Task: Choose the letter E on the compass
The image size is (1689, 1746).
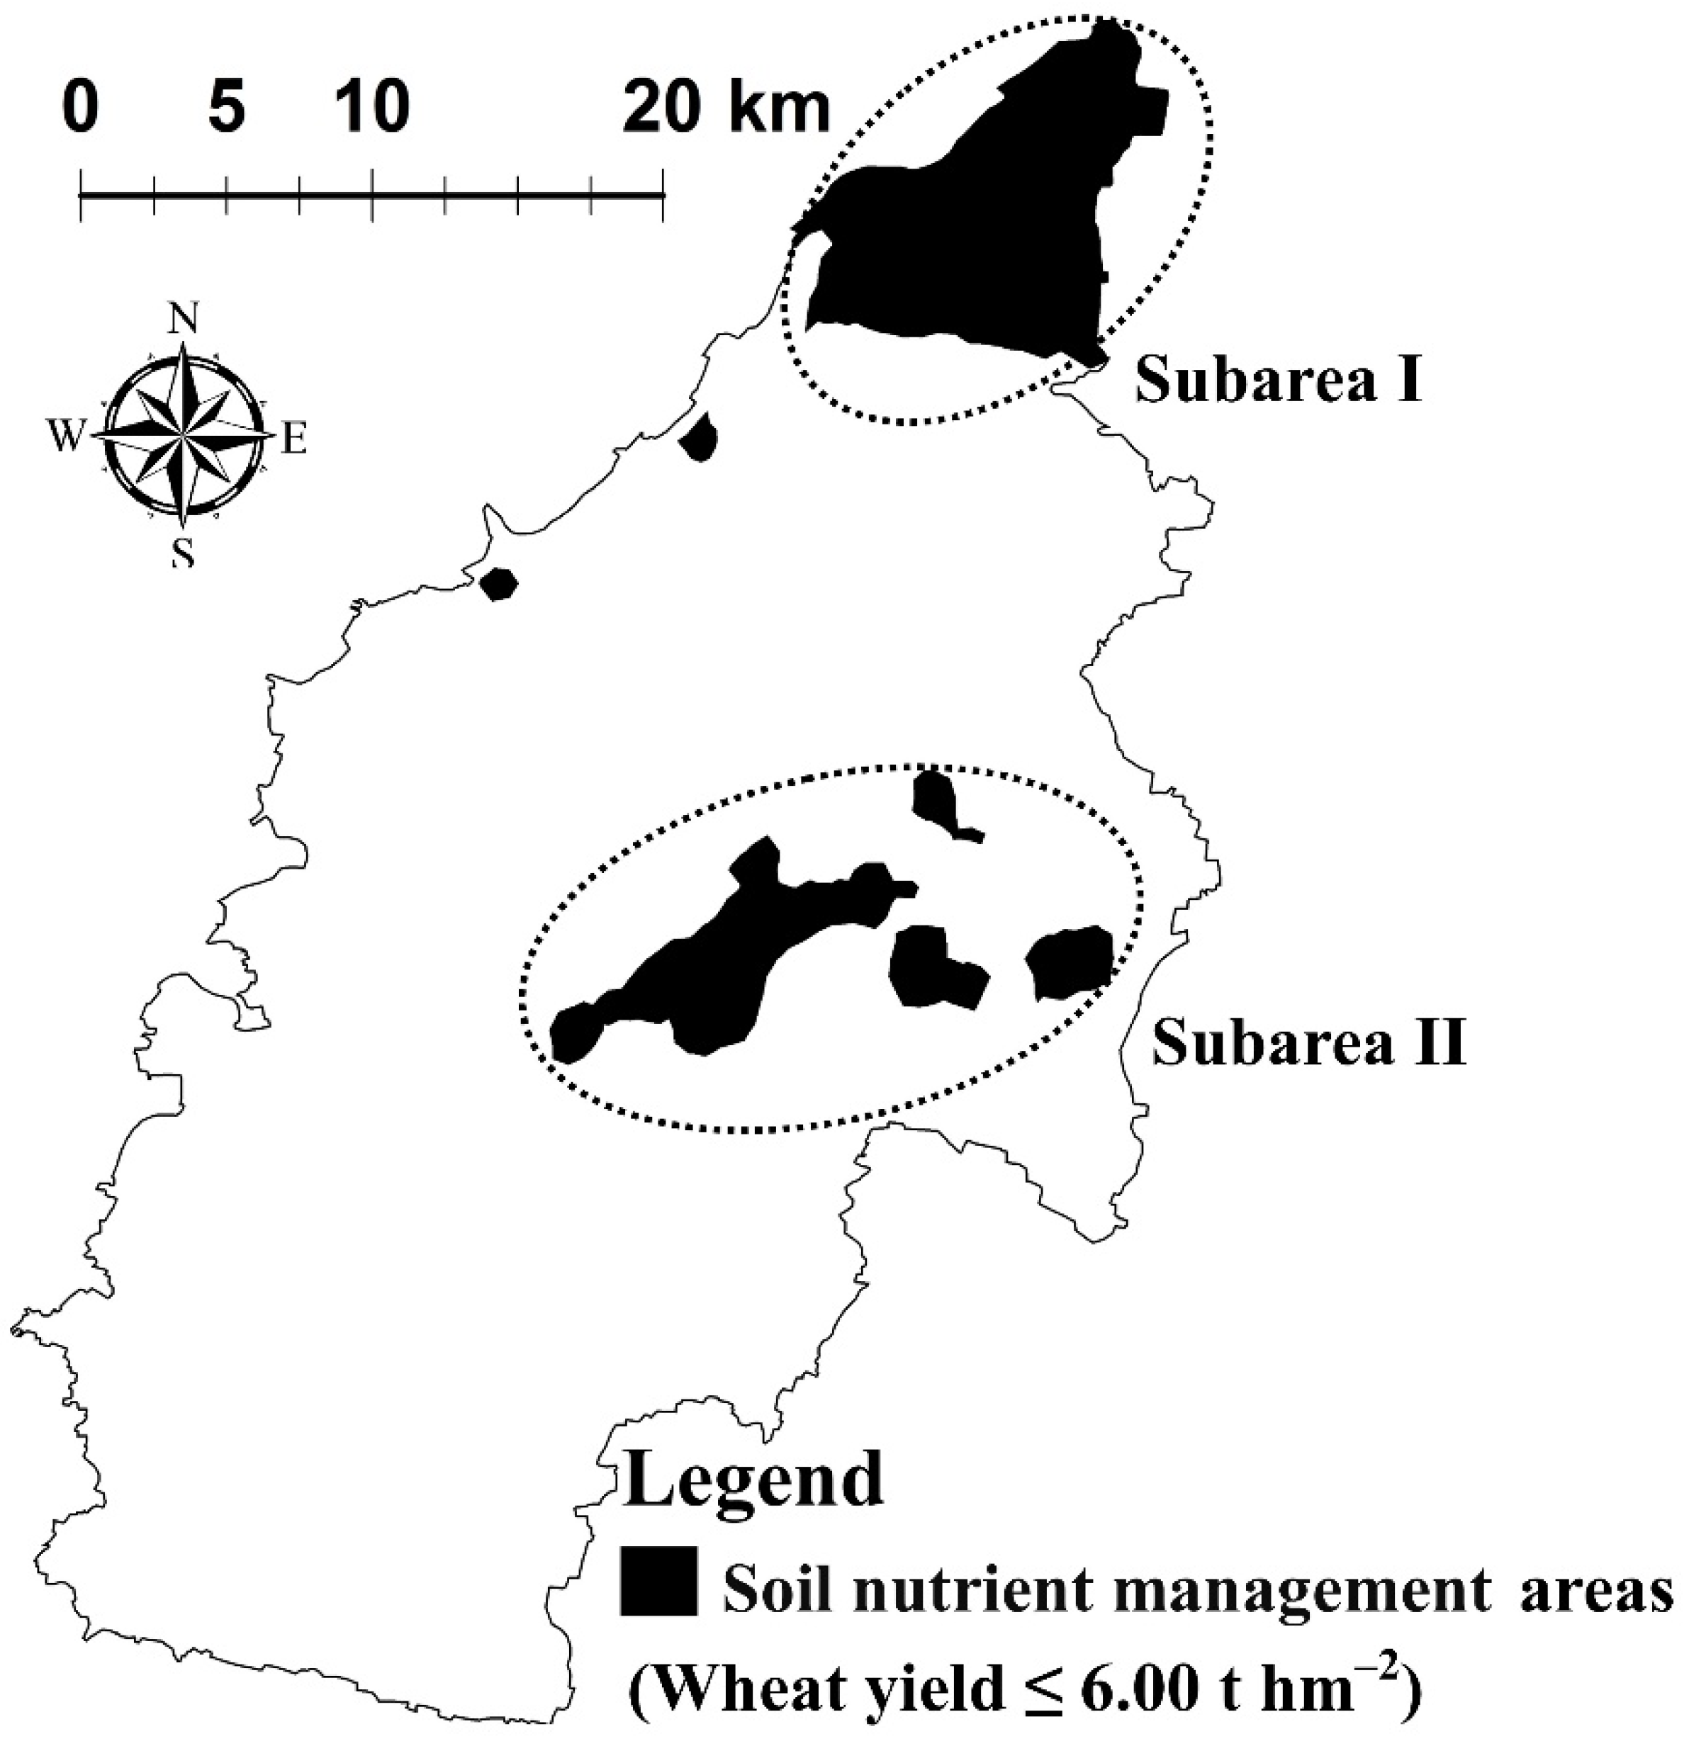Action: click(294, 439)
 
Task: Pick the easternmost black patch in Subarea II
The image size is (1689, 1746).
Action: click(1070, 963)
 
